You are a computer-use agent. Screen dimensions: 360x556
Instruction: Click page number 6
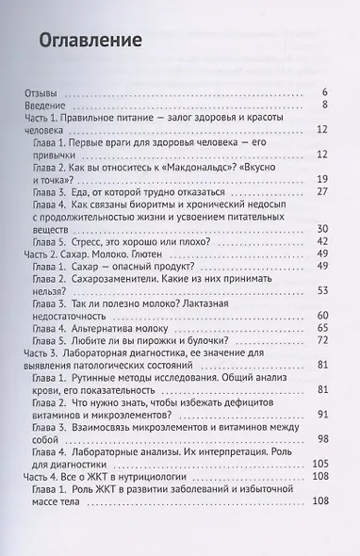coord(324,91)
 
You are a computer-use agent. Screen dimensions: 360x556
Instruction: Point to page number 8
coord(324,105)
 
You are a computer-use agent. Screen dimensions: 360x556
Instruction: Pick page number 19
coord(320,178)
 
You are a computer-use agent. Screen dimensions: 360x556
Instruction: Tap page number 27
coord(320,191)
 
